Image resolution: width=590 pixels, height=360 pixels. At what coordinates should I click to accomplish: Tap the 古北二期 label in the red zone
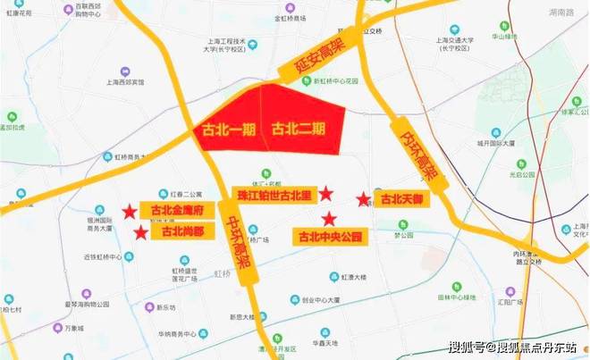coord(299,128)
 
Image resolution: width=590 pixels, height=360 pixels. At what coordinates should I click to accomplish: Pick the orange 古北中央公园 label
coord(330,237)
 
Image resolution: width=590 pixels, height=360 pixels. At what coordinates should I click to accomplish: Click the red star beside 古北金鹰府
coord(131,212)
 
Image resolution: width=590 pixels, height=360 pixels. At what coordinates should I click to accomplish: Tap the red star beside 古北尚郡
coord(140,233)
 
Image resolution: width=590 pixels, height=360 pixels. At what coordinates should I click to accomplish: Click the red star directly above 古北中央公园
coord(329,218)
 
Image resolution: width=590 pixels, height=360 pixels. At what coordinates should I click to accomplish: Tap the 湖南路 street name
coord(562,13)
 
